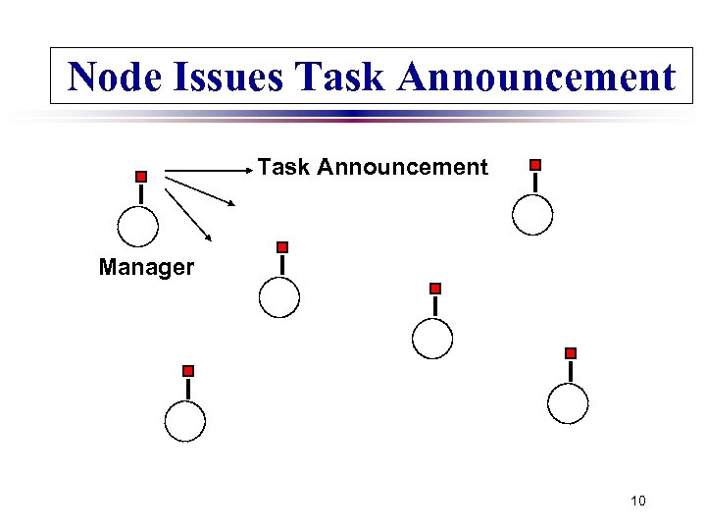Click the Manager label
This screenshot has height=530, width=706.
point(146,267)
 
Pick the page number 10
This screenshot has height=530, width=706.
point(638,502)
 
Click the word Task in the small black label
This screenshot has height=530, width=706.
point(283,168)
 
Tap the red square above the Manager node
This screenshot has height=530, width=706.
point(141,177)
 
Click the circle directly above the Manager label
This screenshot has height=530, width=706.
point(137,226)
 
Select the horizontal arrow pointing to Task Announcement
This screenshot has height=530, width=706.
point(208,171)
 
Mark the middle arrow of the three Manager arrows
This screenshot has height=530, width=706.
point(201,190)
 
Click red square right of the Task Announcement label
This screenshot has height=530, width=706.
point(534,165)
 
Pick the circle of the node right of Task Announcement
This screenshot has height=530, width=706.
point(532,215)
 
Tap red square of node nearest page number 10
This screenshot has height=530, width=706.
point(571,352)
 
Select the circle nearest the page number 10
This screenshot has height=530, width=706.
point(568,402)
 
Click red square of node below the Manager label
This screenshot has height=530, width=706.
point(188,371)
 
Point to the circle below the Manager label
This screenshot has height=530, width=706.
point(184,422)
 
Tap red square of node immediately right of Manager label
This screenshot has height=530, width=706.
point(282,247)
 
